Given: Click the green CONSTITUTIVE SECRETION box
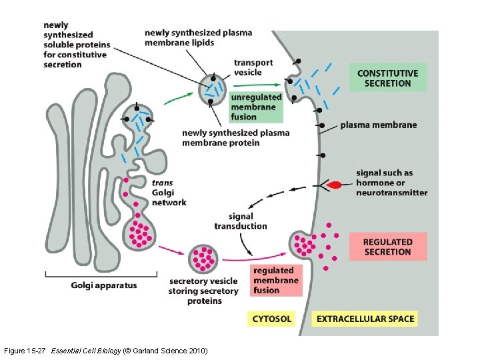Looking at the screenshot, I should pyautogui.click(x=387, y=78).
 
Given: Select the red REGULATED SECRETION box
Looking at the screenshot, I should pyautogui.click(x=387, y=247).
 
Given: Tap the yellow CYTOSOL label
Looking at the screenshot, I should pyautogui.click(x=271, y=319).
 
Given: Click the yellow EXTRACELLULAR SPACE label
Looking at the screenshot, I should pyautogui.click(x=365, y=319).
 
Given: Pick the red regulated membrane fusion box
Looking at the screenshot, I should pyautogui.click(x=277, y=280).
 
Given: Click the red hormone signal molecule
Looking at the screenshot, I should pyautogui.click(x=335, y=184).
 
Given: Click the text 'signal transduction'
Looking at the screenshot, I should pyautogui.click(x=241, y=221).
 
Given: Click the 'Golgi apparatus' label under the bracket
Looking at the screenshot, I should pyautogui.click(x=104, y=285).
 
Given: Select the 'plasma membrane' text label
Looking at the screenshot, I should pyautogui.click(x=377, y=125).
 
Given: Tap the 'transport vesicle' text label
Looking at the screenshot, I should pyautogui.click(x=253, y=67).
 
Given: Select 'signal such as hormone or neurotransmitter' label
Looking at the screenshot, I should pyautogui.click(x=391, y=183).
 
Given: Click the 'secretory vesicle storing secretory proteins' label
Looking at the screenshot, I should pyautogui.click(x=203, y=291).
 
